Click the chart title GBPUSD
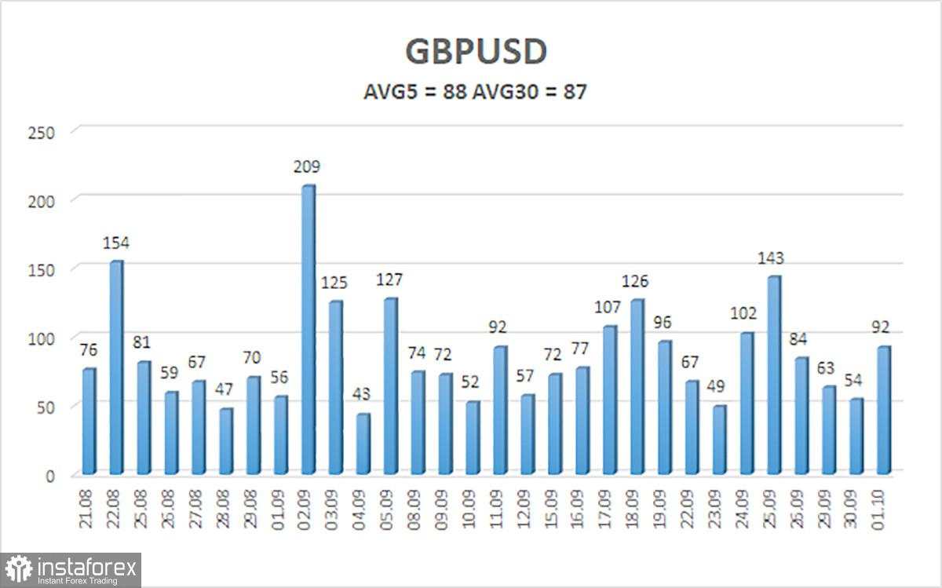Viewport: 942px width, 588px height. (476, 52)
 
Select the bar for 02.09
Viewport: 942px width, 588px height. (309, 330)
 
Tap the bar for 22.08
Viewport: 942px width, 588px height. (116, 367)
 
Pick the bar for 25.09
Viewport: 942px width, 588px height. (774, 375)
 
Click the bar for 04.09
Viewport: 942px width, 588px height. (363, 444)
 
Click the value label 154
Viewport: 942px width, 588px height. (116, 243)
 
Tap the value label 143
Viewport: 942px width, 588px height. (771, 258)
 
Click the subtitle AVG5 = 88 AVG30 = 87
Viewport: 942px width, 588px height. (476, 92)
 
